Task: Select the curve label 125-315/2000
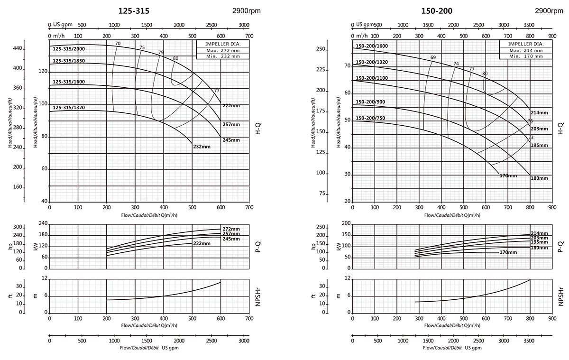(69, 48)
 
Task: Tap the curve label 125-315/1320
(69, 108)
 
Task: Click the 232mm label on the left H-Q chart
(202, 147)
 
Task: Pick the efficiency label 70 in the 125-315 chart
(118, 44)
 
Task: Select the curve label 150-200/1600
(372, 46)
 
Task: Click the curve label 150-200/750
(370, 118)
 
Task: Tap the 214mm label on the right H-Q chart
(539, 113)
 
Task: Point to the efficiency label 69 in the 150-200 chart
(432, 58)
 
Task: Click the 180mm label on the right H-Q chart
(539, 178)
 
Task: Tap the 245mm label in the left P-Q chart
(231, 239)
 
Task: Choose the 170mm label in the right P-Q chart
(508, 252)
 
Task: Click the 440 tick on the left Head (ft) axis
(18, 48)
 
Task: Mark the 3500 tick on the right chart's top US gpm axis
(530, 25)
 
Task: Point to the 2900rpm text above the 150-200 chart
(549, 11)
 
